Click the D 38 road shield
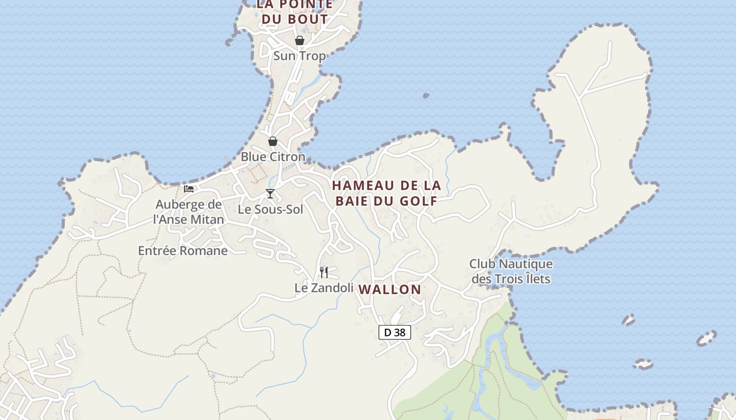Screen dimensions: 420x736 394,332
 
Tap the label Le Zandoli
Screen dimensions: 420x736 323,288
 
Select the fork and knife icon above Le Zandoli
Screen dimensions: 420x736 324,272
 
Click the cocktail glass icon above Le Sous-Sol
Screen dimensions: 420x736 270,194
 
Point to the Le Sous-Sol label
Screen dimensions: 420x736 271,209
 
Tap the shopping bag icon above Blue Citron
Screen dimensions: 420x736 273,141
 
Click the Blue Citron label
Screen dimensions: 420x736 273,156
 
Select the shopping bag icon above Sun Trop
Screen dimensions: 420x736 300,40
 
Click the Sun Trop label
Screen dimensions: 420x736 299,56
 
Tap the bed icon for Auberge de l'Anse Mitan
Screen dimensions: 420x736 189,189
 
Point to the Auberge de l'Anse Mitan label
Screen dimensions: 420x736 188,212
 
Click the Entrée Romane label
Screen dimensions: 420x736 183,251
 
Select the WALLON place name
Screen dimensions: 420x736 390,289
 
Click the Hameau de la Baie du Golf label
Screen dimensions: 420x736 386,193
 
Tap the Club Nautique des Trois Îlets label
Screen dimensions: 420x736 511,271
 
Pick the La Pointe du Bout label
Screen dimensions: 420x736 294,12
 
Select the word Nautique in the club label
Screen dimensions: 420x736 525,264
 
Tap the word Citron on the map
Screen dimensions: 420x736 287,156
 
